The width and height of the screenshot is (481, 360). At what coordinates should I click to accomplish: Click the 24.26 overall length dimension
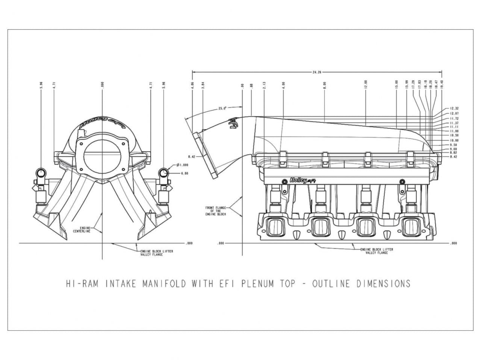(317, 72)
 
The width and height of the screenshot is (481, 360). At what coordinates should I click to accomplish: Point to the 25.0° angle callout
(222, 108)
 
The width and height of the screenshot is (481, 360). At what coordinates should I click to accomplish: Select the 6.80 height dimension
(185, 173)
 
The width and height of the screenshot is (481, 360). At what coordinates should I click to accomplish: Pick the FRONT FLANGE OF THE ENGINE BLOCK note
(215, 211)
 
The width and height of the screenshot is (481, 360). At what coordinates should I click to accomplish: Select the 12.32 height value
(454, 108)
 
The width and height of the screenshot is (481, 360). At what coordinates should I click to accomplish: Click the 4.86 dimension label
(192, 85)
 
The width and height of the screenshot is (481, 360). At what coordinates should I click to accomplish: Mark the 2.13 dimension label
(264, 85)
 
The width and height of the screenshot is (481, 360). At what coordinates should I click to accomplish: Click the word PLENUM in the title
(258, 284)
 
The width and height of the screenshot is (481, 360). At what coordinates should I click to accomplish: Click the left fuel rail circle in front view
(40, 173)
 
